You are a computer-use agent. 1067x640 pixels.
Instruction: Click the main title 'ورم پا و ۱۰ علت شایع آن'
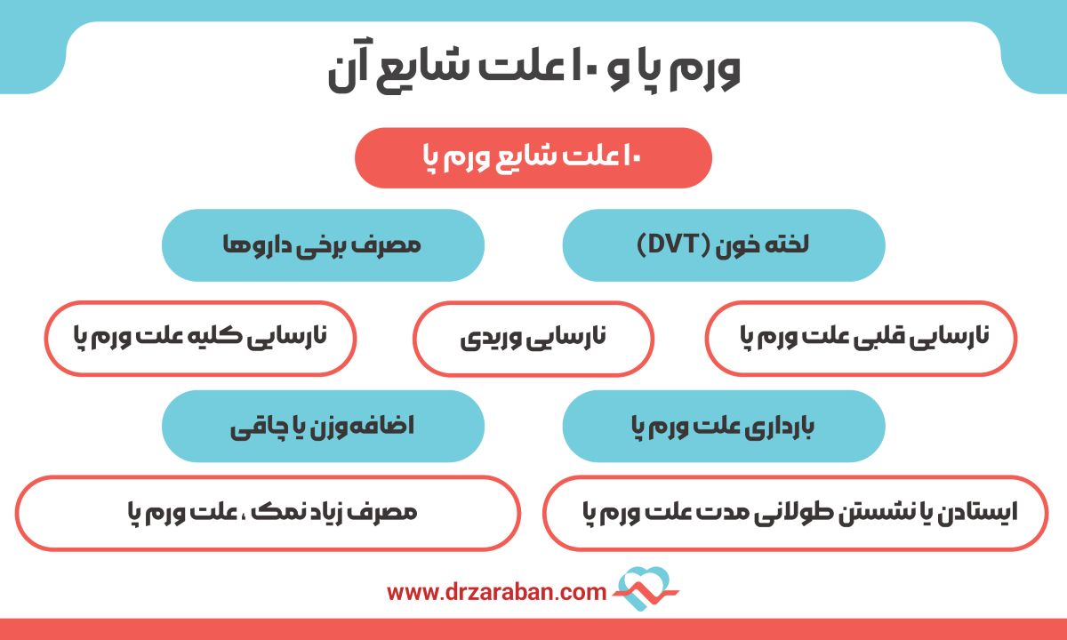[x=533, y=70]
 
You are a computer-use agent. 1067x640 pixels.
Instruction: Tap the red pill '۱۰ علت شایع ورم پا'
[x=533, y=158]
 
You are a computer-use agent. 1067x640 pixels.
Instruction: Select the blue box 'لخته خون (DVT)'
[x=724, y=244]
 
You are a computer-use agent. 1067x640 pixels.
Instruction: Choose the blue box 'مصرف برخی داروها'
[x=323, y=244]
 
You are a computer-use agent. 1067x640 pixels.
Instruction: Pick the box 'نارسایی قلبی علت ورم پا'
[x=861, y=338]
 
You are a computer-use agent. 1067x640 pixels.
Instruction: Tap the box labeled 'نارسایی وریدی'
[x=533, y=338]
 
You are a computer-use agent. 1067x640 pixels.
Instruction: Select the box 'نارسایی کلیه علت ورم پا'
[x=200, y=338]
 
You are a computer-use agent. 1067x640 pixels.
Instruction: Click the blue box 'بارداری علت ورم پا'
[x=724, y=426]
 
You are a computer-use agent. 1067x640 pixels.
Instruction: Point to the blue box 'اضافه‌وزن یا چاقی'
[x=323, y=426]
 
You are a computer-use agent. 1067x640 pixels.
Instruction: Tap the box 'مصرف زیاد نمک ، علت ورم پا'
[x=268, y=513]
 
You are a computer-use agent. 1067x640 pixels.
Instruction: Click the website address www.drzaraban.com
[x=497, y=591]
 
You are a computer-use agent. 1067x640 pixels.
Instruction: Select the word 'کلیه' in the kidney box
[x=226, y=337]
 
